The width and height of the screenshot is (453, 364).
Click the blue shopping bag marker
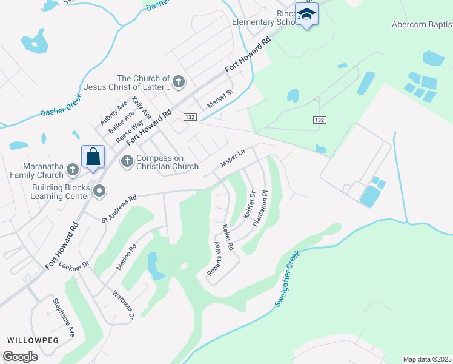pos(93,157)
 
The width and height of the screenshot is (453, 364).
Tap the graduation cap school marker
pos(306,14)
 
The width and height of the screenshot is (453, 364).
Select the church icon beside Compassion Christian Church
pos(127,161)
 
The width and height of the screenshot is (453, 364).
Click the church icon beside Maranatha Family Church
pos(72,170)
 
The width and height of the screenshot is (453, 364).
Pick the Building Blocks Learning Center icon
pos(100,191)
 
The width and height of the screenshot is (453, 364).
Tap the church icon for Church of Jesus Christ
pos(179,81)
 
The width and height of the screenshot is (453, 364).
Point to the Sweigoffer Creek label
pos(289,280)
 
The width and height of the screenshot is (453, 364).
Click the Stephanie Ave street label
pos(64,317)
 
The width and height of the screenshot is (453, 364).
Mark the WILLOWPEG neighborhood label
pos(33,340)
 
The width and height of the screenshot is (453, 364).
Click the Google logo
pos(20,356)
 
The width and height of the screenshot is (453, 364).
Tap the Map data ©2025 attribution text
pos(426,359)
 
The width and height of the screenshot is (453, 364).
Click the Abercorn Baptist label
pos(421,25)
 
